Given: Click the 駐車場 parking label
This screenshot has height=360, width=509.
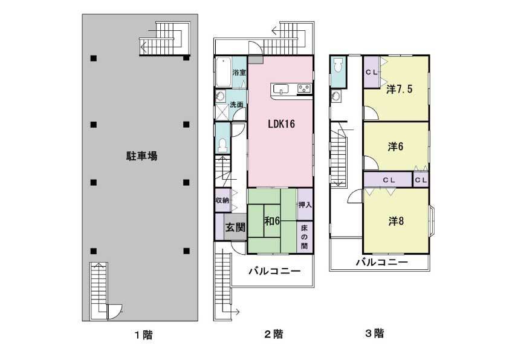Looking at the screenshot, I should click(142, 156).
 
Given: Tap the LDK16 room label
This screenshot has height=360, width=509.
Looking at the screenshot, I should click(281, 124).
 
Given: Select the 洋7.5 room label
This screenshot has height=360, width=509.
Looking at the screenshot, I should click(399, 89).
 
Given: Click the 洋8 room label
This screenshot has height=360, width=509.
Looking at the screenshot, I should click(396, 221).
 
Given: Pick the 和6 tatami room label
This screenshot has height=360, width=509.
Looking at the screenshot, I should click(271, 221).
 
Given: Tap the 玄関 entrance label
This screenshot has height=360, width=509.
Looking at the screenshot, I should click(235, 228).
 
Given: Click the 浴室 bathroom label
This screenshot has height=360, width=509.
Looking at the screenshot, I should click(239, 73).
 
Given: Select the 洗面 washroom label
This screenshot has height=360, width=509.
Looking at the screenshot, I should click(236, 105).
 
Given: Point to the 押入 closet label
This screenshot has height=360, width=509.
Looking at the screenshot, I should click(305, 205).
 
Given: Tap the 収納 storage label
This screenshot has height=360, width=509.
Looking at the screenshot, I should click(222, 200).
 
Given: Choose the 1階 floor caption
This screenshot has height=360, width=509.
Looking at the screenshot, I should click(143, 335).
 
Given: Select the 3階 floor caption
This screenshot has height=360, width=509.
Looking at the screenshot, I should click(374, 333).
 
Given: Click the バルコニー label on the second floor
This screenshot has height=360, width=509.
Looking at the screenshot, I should click(274, 272).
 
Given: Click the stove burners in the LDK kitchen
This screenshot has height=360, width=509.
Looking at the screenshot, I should click(303, 90).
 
